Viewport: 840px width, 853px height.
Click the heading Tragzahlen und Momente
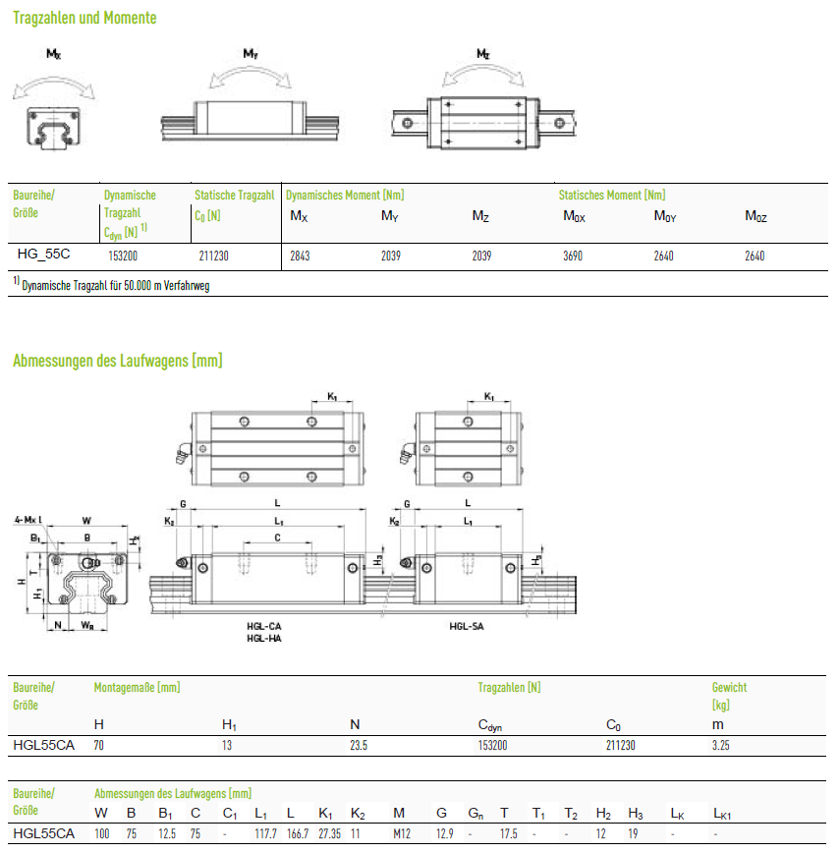pyautogui.click(x=84, y=18)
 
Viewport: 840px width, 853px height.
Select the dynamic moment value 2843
pyautogui.click(x=300, y=256)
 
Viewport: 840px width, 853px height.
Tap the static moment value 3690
pyautogui.click(x=573, y=256)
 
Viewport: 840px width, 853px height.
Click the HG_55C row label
pyautogui.click(x=43, y=255)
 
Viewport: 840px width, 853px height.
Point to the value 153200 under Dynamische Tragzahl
pyautogui.click(x=123, y=256)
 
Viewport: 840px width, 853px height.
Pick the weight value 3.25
pyautogui.click(x=721, y=745)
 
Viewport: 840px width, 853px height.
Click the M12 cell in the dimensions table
pyautogui.click(x=402, y=833)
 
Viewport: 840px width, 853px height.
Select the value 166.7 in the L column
pyautogui.click(x=298, y=833)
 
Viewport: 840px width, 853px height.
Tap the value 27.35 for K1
pyautogui.click(x=329, y=833)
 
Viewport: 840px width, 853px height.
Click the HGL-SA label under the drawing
pyautogui.click(x=467, y=626)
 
